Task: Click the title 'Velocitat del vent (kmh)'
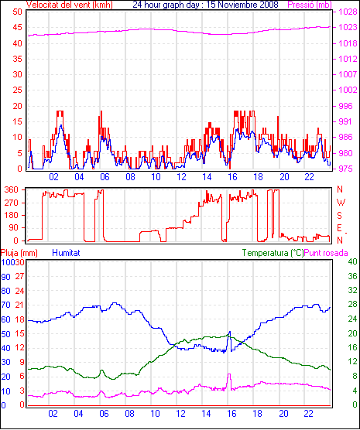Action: click(x=70, y=5)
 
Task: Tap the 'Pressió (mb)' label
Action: click(x=310, y=5)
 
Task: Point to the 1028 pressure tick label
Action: click(x=348, y=12)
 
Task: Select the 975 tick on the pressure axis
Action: click(x=348, y=169)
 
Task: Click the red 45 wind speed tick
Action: click(x=17, y=27)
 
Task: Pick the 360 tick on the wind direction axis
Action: click(x=12, y=189)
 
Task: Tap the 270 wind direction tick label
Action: click(x=12, y=203)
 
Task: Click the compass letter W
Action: click(x=341, y=203)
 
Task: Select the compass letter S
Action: click(x=339, y=216)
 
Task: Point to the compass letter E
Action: click(x=339, y=228)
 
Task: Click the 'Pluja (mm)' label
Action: click(x=19, y=253)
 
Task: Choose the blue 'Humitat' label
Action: click(x=66, y=253)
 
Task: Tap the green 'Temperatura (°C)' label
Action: click(x=273, y=253)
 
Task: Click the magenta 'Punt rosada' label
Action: click(x=326, y=253)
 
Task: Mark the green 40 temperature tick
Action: click(x=352, y=261)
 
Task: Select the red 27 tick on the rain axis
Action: click(x=19, y=276)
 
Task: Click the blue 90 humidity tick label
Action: click(x=5, y=277)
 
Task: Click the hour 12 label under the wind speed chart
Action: click(x=181, y=177)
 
